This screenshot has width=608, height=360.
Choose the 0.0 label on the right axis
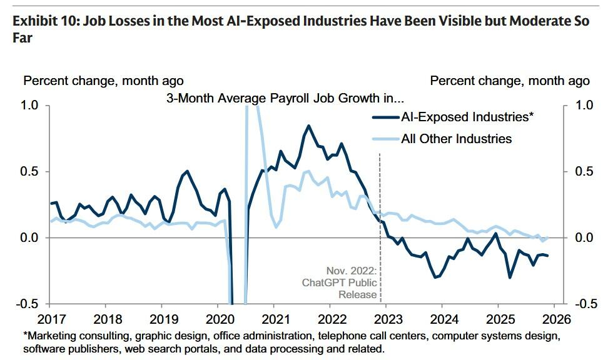[x=582, y=237]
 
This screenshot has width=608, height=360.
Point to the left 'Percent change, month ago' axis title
[x=103, y=81]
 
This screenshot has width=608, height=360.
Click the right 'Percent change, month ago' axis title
[x=510, y=81]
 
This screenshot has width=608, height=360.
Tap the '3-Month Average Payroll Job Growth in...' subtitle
[x=285, y=98]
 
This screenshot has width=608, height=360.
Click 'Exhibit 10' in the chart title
[x=41, y=21]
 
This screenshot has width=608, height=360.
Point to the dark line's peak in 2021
[x=308, y=126]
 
